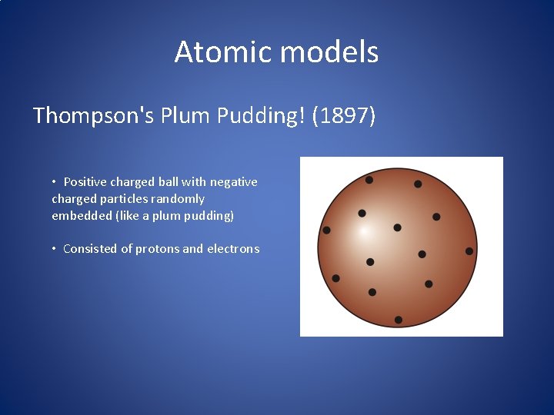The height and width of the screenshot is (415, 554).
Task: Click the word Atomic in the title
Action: coord(223,52)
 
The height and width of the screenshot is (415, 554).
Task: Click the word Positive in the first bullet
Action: coord(85,182)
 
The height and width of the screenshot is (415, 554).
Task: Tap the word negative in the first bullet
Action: coord(233,182)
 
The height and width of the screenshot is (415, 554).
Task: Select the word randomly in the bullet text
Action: coord(176,198)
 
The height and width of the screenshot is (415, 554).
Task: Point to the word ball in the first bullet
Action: coord(168,182)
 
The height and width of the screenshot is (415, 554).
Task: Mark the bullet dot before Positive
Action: coord(54,181)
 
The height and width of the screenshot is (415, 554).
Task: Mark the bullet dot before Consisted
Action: coord(54,248)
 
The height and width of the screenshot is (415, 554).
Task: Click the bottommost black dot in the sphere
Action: coord(399,320)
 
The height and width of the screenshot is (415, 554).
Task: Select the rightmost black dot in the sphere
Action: coord(469,251)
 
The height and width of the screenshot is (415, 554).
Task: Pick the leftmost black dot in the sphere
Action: coord(326,230)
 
